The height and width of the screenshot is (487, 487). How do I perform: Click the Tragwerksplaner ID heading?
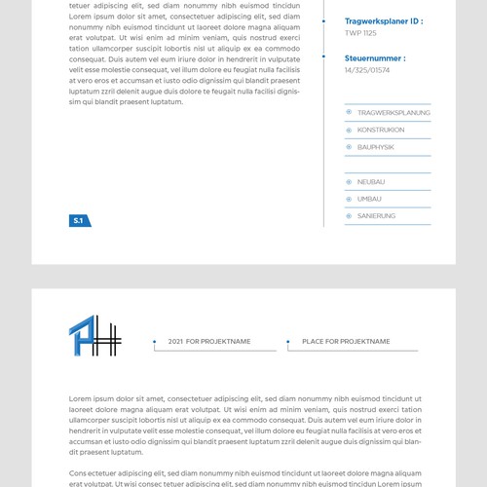coord(384,20)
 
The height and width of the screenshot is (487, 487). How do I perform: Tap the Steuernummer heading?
coord(375,58)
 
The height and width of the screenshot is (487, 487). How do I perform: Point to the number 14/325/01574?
coord(367,70)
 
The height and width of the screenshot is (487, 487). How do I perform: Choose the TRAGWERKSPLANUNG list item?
coord(393,113)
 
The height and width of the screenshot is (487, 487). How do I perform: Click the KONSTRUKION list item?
coord(381,130)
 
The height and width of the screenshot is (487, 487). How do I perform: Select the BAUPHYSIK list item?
coord(376,147)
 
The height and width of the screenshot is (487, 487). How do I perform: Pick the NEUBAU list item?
coord(371,182)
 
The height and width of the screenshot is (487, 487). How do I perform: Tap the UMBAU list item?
coord(369,199)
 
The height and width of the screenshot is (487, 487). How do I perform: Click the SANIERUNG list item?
coord(376,215)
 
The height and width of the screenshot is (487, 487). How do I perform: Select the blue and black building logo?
coord(94,337)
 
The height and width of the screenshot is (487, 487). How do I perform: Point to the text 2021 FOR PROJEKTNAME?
coord(209,342)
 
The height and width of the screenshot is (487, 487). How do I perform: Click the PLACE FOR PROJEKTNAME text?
coord(346,342)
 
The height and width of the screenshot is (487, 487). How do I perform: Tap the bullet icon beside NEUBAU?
coord(350,182)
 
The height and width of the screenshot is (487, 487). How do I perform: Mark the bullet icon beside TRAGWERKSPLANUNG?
coord(350,113)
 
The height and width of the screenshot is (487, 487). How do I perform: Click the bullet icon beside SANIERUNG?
coord(350,215)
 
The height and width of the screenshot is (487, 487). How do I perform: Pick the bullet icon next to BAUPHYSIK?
coord(350,147)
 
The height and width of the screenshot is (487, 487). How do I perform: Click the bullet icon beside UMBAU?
coord(350,199)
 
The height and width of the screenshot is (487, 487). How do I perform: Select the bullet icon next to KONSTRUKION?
coord(350,130)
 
